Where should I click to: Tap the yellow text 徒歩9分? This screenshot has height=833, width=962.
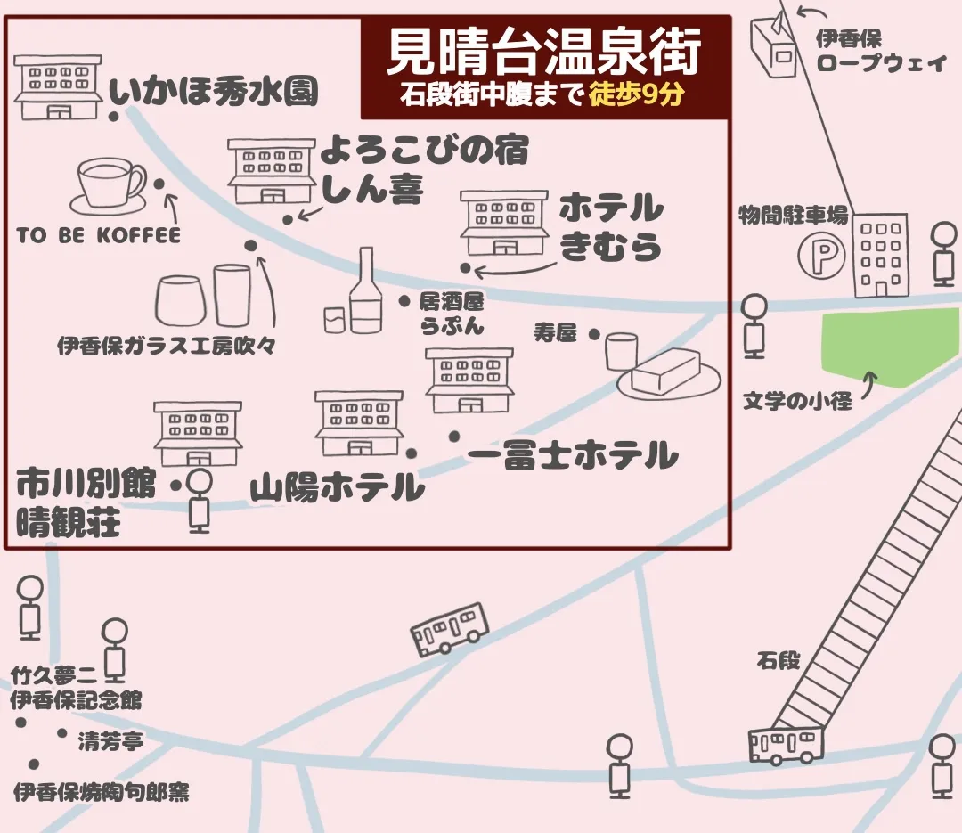(635, 95)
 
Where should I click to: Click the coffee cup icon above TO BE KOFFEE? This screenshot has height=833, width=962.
(108, 186)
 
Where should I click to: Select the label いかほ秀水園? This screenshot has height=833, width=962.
(214, 92)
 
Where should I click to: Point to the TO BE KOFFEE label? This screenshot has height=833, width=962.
(98, 235)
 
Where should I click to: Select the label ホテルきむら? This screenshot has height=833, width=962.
(611, 228)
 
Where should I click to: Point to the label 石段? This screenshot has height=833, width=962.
(779, 661)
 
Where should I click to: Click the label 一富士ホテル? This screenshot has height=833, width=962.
(573, 456)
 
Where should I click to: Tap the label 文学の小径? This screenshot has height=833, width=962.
(797, 402)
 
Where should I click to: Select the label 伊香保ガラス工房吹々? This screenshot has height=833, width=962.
(165, 346)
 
